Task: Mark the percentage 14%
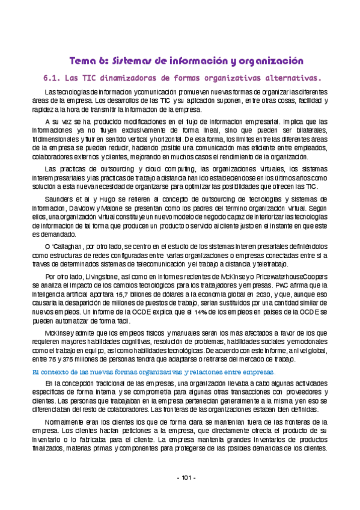pyautogui.click(x=200, y=312)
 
